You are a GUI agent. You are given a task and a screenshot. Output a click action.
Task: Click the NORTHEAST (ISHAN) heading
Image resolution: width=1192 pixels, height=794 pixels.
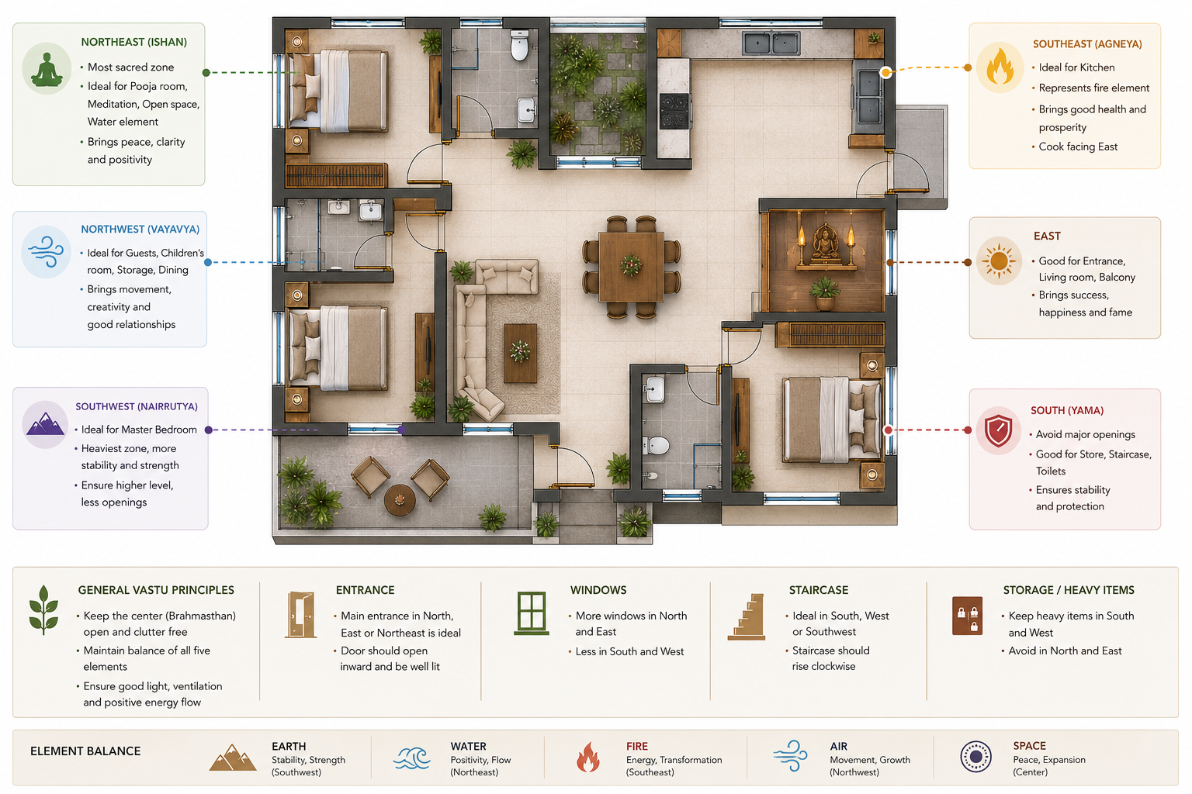tap(133, 42)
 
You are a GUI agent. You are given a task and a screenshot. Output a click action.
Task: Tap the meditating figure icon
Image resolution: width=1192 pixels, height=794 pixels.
tap(47, 69)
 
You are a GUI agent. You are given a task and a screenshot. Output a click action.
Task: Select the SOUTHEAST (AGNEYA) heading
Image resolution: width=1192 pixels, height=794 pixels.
tap(1087, 44)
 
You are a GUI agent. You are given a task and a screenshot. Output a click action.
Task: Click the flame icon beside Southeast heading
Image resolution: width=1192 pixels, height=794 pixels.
tap(1000, 67)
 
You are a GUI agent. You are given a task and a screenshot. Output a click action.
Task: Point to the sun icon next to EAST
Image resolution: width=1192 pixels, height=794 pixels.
tap(999, 261)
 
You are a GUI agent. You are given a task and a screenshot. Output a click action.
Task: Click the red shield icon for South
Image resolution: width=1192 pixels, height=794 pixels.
tap(998, 430)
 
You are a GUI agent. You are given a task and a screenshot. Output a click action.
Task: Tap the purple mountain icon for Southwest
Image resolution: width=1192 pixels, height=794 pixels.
tap(45, 424)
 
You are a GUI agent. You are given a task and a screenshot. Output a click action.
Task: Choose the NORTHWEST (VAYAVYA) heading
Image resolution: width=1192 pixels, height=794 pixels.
tap(140, 230)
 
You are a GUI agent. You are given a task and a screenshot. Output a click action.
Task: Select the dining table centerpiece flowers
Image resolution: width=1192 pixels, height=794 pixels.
tap(631, 265)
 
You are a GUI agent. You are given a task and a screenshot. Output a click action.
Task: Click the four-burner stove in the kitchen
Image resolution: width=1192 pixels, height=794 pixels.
tap(674, 111)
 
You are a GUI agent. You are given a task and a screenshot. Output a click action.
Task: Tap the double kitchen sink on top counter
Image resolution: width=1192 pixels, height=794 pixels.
tap(771, 43)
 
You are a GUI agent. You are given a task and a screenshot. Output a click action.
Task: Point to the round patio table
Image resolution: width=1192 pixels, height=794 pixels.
tap(400, 500)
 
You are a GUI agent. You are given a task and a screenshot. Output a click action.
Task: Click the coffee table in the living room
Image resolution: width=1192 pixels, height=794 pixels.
tap(520, 353)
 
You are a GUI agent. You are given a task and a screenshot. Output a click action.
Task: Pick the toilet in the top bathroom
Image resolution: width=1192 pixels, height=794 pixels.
tap(519, 46)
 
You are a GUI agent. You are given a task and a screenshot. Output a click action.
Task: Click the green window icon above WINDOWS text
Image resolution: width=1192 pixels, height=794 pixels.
tap(532, 613)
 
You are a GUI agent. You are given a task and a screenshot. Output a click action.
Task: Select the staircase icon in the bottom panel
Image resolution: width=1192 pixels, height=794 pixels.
tap(747, 616)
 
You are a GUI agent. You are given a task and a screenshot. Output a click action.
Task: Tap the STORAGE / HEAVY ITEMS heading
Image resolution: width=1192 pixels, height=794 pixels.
tap(1069, 590)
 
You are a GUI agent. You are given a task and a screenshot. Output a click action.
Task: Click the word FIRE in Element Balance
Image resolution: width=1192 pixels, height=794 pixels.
tap(637, 746)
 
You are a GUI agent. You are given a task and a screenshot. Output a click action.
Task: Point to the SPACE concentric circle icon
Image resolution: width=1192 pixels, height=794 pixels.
tap(975, 756)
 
